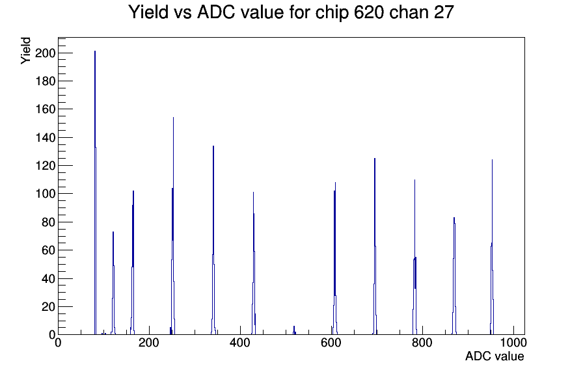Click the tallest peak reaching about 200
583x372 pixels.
click(x=95, y=193)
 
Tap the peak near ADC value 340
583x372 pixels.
click(x=213, y=240)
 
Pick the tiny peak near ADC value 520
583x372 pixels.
click(x=294, y=330)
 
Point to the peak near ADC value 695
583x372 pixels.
click(x=375, y=246)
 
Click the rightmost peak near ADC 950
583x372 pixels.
click(x=493, y=246)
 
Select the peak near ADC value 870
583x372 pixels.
click(x=454, y=276)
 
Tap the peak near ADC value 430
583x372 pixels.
click(x=254, y=263)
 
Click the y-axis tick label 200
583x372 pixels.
click(x=45, y=53)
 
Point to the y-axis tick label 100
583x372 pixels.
click(x=45, y=194)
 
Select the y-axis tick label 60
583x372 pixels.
click(x=48, y=250)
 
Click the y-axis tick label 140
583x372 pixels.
click(x=45, y=137)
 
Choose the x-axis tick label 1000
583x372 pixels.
click(x=513, y=342)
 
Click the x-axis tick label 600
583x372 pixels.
click(x=331, y=342)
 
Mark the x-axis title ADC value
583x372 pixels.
click(x=495, y=356)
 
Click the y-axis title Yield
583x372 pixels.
click(x=25, y=51)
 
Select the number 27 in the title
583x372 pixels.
click(x=443, y=12)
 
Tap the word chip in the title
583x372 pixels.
click(x=332, y=13)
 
